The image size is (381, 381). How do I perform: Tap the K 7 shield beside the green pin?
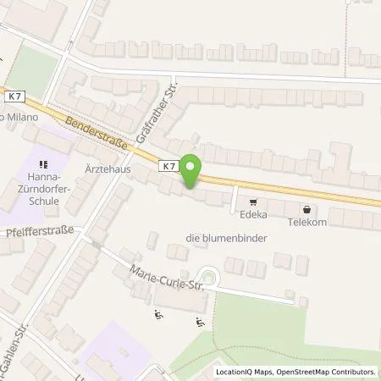coord(168,167)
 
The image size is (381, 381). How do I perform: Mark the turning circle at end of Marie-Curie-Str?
coord(208,275)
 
